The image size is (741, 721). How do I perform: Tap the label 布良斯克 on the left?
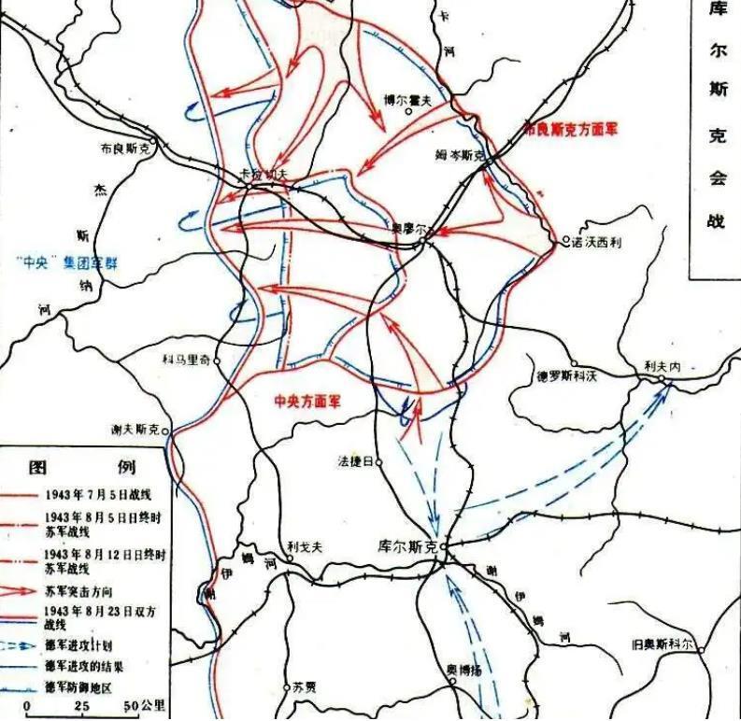124,147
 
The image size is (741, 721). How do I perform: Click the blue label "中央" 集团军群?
74,262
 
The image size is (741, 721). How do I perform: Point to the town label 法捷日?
356,461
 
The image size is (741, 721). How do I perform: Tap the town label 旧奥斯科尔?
662,644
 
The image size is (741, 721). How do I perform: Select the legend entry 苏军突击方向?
76,591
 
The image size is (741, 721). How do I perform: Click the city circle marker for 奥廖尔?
422,241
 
